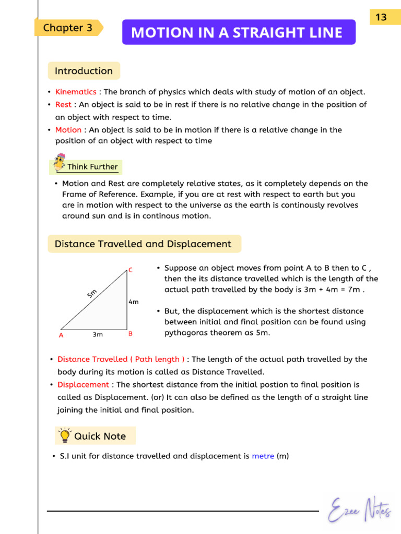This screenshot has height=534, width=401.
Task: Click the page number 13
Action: click(x=381, y=17)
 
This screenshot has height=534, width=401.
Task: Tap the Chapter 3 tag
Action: click(x=68, y=28)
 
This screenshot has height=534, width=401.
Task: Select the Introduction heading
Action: click(x=84, y=71)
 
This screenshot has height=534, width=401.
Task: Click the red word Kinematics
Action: click(x=76, y=92)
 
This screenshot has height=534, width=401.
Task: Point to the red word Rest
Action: click(x=63, y=104)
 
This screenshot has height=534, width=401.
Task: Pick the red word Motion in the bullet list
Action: click(x=68, y=130)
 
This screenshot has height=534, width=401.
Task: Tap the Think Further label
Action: click(x=92, y=167)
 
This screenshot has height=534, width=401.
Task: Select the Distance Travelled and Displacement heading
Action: click(x=144, y=244)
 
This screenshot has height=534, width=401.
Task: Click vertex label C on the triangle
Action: click(x=131, y=270)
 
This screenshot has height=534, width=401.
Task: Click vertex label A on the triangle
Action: click(x=61, y=335)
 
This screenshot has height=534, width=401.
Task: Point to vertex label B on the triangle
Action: click(x=131, y=334)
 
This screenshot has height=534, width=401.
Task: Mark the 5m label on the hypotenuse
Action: click(x=92, y=293)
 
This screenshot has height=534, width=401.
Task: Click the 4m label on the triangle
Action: click(x=134, y=302)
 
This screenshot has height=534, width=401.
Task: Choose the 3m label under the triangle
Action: click(x=98, y=334)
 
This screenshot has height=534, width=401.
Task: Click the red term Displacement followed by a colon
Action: click(x=83, y=384)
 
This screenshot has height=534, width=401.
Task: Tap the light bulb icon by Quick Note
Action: click(x=65, y=435)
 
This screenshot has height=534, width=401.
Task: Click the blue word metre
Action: click(x=263, y=456)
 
